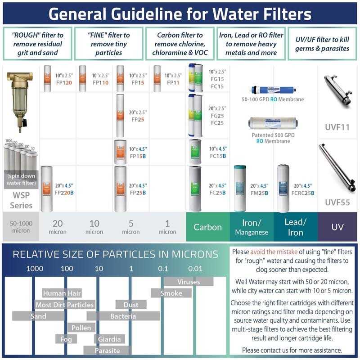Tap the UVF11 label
coord(337,127)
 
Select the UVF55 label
coord(337,202)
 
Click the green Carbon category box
coord(207,227)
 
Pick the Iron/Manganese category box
coord(251,227)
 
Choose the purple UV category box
coord(337,227)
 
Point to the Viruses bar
coord(189,282)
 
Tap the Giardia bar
coord(109,339)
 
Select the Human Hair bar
coord(62,293)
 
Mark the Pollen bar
coord(81,328)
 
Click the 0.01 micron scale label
coord(195,269)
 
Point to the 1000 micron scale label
coord(35,269)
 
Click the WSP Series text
coord(21,201)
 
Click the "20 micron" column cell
coord(58,227)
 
